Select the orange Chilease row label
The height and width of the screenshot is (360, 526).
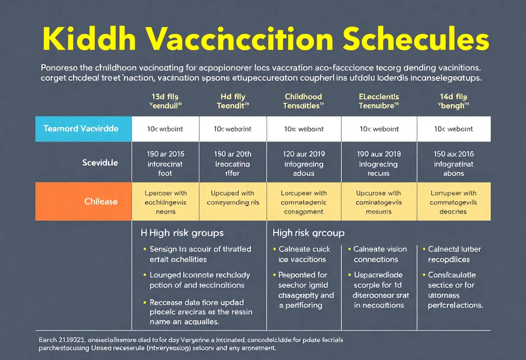click(100, 202)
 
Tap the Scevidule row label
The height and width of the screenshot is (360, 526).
click(100, 163)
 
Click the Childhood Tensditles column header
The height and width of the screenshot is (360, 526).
click(303, 101)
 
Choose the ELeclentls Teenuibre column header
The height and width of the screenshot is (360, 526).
click(379, 101)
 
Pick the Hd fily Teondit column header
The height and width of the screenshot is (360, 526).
click(233, 101)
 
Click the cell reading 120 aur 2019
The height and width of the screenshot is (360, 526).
click(304, 164)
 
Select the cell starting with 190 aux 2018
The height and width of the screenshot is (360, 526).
click(379, 164)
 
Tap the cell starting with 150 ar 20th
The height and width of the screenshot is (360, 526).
click(233, 164)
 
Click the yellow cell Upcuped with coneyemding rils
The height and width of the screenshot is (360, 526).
click(233, 198)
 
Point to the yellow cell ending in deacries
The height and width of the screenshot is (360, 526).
click(453, 202)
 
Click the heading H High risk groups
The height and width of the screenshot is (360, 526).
click(182, 233)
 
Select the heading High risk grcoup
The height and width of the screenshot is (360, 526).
click(308, 233)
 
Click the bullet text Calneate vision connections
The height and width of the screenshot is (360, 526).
click(380, 254)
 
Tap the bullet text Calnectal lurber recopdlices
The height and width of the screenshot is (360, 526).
click(454, 254)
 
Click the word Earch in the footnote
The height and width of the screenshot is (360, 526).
click(47, 340)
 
